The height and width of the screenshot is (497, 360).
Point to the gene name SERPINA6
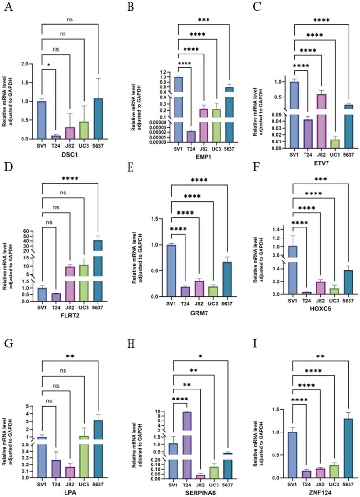(197, 494)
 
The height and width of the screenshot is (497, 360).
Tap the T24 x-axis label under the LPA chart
(55, 483)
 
